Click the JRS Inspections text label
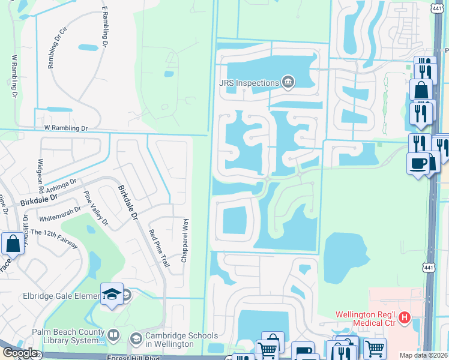tap(249, 82)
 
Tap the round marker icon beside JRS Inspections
tap(288, 82)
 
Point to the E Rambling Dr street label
tap(104, 28)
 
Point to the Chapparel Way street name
tap(185, 240)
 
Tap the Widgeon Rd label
tap(41, 173)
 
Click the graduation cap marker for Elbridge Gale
tap(112, 294)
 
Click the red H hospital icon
tap(405, 317)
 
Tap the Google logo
tap(20, 353)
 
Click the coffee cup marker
tap(418, 163)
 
